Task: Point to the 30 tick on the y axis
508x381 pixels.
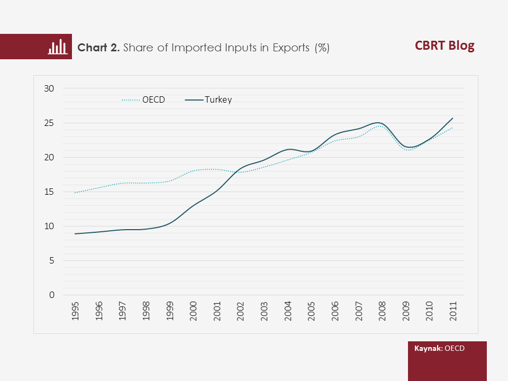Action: (x=49, y=89)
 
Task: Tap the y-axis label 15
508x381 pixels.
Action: (x=49, y=192)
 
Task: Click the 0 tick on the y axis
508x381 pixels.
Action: (x=51, y=295)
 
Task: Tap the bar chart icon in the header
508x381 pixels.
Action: (x=58, y=47)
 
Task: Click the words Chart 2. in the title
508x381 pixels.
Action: (x=99, y=48)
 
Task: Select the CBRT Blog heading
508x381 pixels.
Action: (x=444, y=46)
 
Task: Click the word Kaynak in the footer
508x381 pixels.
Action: (x=428, y=349)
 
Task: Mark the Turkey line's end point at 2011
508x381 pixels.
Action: (x=453, y=118)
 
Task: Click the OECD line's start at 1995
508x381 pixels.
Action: (x=76, y=193)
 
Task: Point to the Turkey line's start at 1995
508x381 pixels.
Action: (x=76, y=233)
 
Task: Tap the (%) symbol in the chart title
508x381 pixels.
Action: (x=322, y=48)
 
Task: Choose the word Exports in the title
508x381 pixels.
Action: (x=291, y=48)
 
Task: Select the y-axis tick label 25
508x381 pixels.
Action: (x=49, y=123)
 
